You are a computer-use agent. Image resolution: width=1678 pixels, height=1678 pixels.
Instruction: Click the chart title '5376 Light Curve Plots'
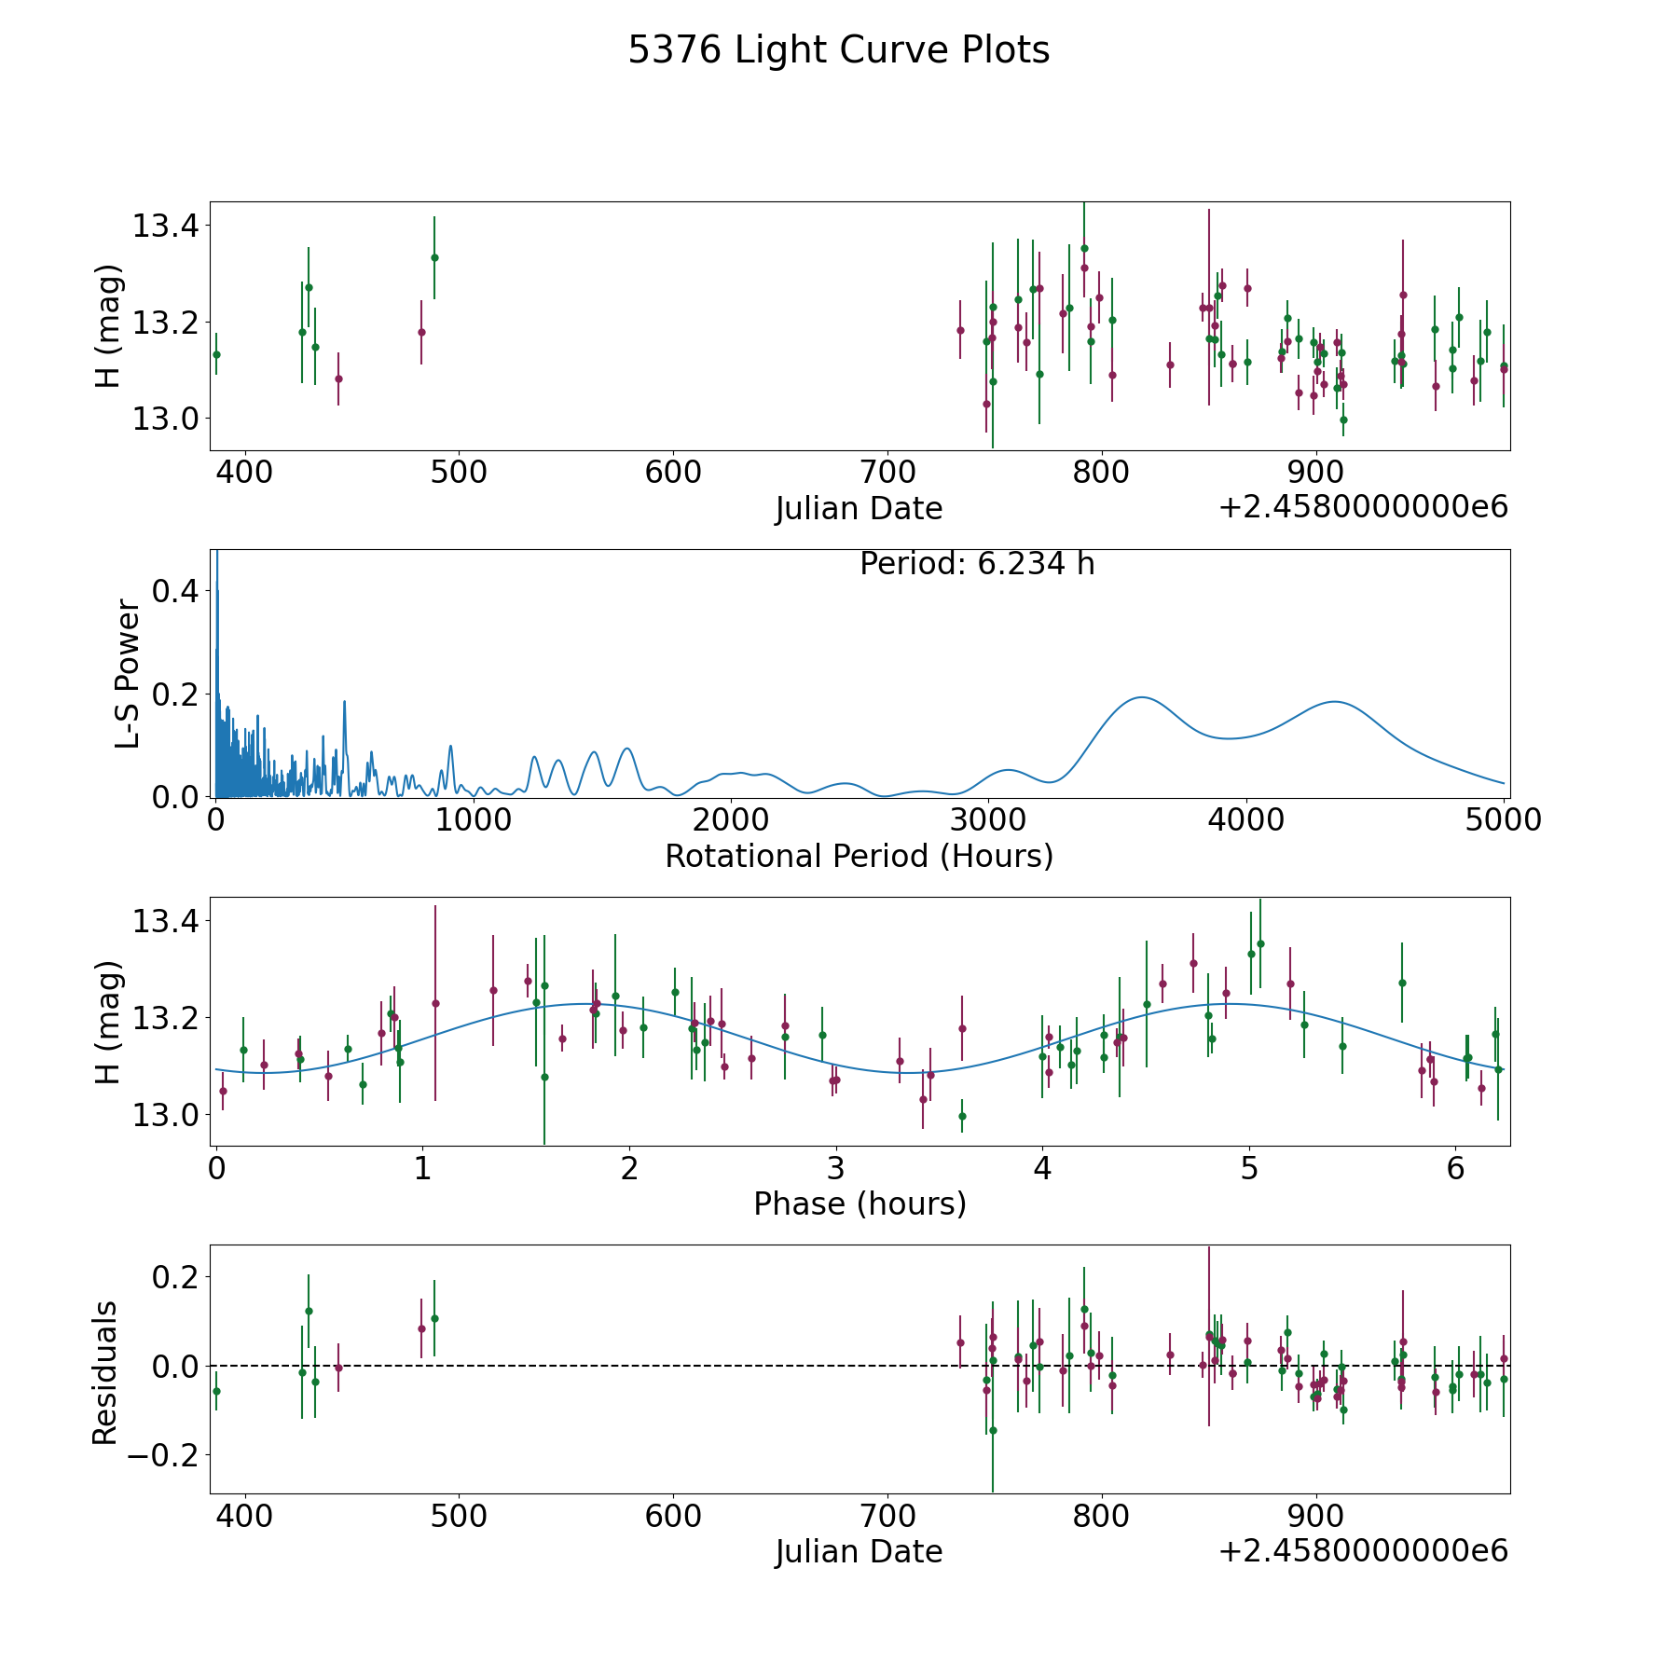click(838, 50)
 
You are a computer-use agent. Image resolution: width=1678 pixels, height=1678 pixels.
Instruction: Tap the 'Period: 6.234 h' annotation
click(977, 563)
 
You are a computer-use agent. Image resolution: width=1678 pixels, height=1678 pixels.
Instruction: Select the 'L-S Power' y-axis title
click(128, 673)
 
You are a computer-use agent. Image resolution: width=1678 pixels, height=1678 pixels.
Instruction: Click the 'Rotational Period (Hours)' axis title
click(859, 856)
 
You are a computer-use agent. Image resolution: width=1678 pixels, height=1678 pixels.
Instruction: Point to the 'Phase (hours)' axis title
click(860, 1203)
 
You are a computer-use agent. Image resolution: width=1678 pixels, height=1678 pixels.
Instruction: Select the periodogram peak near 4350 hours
click(1335, 701)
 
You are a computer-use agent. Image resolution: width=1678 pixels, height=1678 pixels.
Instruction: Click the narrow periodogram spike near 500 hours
click(344, 701)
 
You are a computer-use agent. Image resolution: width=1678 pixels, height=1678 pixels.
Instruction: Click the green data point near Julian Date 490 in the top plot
click(434, 257)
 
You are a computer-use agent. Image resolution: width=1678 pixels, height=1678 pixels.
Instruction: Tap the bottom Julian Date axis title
click(859, 1551)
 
